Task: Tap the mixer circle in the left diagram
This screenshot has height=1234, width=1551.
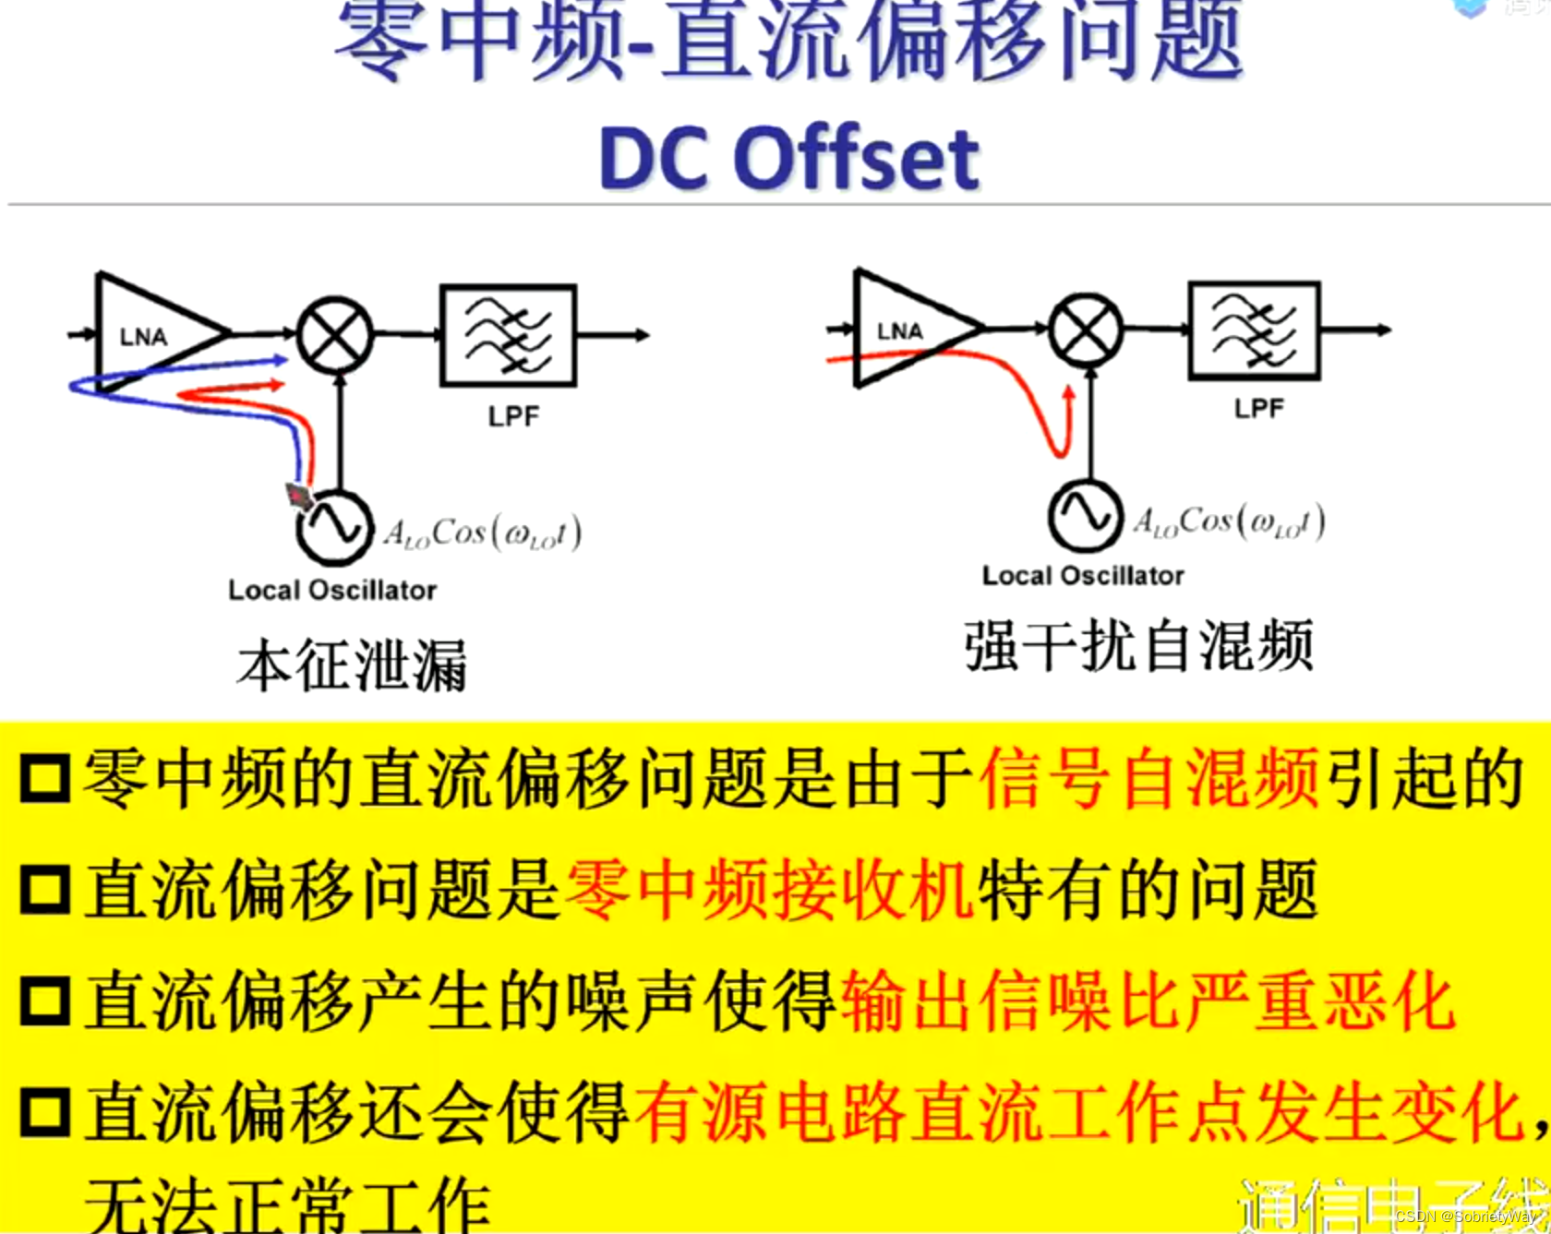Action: pyautogui.click(x=335, y=334)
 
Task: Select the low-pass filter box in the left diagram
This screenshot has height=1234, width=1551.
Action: pyautogui.click(x=509, y=335)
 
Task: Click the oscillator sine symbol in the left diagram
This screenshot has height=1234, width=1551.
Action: pyautogui.click(x=334, y=527)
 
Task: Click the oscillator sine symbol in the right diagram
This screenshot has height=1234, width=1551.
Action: pyautogui.click(x=1086, y=515)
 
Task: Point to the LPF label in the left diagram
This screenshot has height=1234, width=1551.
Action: pyautogui.click(x=513, y=417)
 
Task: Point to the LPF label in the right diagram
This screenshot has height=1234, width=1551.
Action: pyautogui.click(x=1258, y=409)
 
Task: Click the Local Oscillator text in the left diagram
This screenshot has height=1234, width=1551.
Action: pyautogui.click(x=332, y=591)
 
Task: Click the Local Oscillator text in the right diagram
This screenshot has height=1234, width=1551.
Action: pyautogui.click(x=1083, y=576)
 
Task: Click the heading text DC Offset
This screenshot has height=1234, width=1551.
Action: pyautogui.click(x=789, y=159)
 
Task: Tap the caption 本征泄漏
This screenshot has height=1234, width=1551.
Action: pyautogui.click(x=352, y=665)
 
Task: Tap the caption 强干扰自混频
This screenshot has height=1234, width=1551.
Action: pyautogui.click(x=1138, y=646)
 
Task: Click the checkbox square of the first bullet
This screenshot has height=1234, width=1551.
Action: pyautogui.click(x=45, y=778)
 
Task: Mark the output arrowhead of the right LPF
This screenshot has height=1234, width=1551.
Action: pyautogui.click(x=1384, y=329)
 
